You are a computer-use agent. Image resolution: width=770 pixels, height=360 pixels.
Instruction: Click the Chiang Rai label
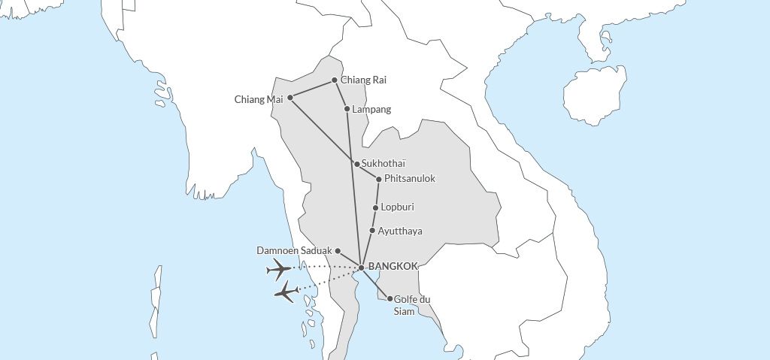tap(364, 80)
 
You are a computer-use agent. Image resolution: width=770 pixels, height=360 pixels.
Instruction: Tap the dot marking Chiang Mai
tap(290, 97)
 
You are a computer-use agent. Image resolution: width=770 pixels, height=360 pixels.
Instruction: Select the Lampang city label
tap(371, 110)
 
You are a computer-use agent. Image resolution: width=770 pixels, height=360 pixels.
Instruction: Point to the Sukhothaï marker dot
tap(356, 164)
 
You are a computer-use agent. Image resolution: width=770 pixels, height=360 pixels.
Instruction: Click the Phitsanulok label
tap(410, 179)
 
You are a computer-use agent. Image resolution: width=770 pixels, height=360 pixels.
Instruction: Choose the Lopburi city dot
tap(375, 207)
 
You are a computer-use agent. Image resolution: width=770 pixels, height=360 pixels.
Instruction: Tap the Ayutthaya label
tap(400, 231)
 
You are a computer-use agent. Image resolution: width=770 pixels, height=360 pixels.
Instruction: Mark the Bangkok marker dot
tap(362, 268)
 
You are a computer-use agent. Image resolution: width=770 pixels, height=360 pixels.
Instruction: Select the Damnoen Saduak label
tap(294, 250)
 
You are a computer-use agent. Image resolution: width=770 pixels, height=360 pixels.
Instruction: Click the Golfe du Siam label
tap(412, 305)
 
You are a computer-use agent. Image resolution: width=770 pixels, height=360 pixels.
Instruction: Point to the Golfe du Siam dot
tap(390, 298)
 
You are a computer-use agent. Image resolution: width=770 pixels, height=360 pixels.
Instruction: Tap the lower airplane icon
tap(286, 292)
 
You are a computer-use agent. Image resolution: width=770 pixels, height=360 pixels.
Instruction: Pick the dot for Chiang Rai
tap(335, 80)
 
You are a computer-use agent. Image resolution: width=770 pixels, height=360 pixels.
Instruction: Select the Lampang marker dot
tap(347, 109)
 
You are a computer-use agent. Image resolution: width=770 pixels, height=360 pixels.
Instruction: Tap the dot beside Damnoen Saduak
tap(338, 250)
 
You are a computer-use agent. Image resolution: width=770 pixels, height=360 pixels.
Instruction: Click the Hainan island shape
tap(594, 95)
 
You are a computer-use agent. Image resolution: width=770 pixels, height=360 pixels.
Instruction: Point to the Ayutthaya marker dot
tap(372, 231)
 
